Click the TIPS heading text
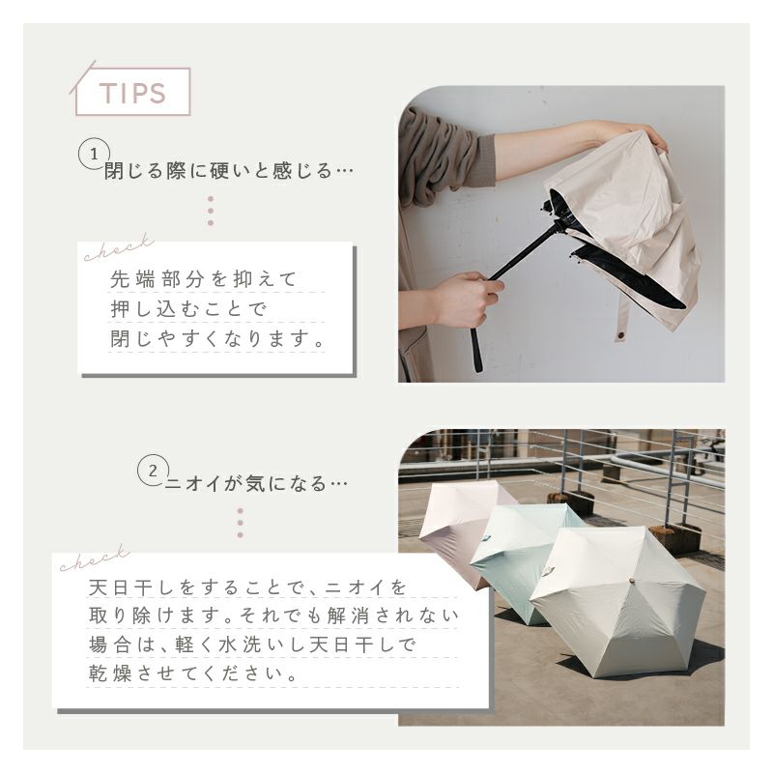(132, 93)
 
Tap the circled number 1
(94, 155)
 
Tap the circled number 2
(153, 471)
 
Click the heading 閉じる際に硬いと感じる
(218, 171)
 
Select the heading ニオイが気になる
(245, 483)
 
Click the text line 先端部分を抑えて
(203, 279)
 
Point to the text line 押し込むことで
(188, 309)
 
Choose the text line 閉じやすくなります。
(217, 339)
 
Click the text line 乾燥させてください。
(193, 673)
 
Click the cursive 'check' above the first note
(118, 248)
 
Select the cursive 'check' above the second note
(94, 558)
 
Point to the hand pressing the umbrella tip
(645, 134)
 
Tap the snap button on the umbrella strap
(619, 336)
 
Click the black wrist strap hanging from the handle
(476, 350)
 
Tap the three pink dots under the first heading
(211, 211)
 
